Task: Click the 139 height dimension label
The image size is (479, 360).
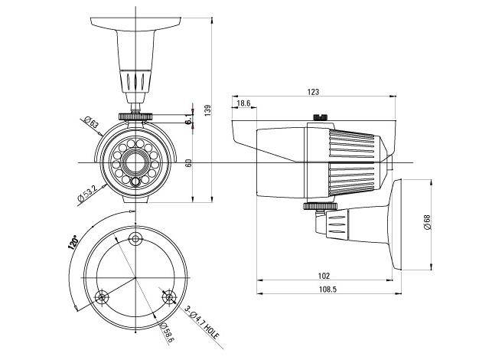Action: click(x=208, y=110)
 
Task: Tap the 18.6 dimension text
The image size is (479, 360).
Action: click(x=243, y=103)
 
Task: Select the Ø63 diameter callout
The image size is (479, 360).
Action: click(x=90, y=121)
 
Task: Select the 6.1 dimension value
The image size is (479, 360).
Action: click(x=188, y=117)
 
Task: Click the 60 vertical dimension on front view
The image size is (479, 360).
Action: click(x=188, y=162)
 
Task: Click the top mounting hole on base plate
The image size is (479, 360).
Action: click(x=135, y=237)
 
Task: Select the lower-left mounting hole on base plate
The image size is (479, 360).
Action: click(x=100, y=296)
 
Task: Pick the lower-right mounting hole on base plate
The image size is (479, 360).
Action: click(x=170, y=296)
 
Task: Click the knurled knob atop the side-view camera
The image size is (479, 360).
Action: click(x=319, y=118)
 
